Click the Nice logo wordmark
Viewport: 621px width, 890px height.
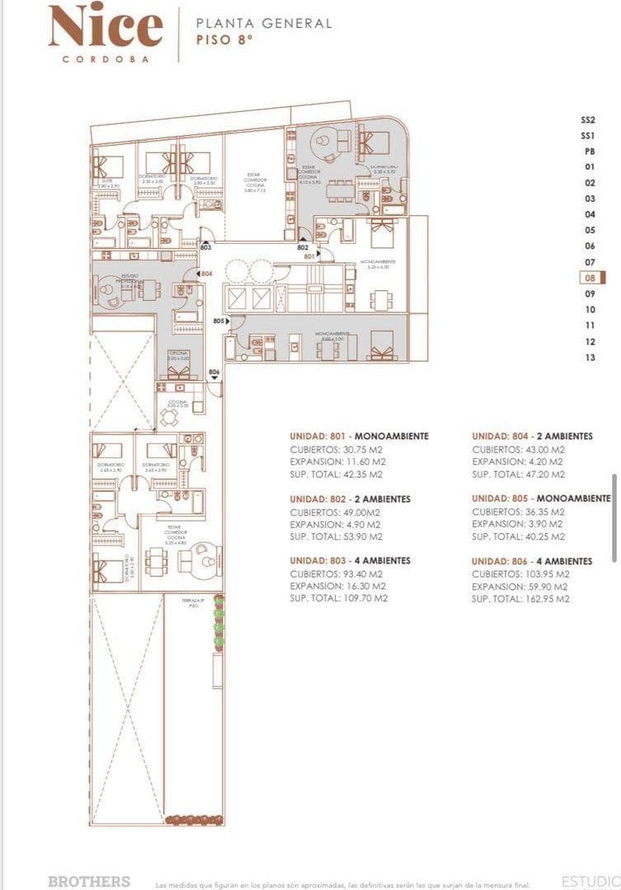coord(105,26)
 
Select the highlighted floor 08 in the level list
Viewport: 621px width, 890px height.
coord(590,279)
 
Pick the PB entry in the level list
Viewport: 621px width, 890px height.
coord(589,152)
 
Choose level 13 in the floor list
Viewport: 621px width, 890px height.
coord(590,358)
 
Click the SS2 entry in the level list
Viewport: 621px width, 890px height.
coord(588,119)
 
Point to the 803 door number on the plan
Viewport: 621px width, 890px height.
coord(205,247)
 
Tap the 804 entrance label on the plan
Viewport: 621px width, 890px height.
coord(206,274)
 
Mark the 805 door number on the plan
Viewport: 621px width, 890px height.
coord(218,321)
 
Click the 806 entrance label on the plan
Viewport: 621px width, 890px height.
coord(214,372)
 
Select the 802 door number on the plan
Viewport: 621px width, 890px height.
coord(303,247)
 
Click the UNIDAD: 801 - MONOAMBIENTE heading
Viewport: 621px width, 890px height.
coord(359,436)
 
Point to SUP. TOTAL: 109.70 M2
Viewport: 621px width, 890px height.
coord(338,598)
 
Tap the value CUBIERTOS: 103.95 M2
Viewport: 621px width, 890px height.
coord(520,574)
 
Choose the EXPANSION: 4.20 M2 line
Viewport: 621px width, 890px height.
coord(518,462)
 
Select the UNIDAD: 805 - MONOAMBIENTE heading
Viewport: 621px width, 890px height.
coord(541,499)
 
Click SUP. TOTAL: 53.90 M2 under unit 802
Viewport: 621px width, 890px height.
coord(336,536)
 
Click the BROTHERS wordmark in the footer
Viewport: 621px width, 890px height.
coord(89,881)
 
